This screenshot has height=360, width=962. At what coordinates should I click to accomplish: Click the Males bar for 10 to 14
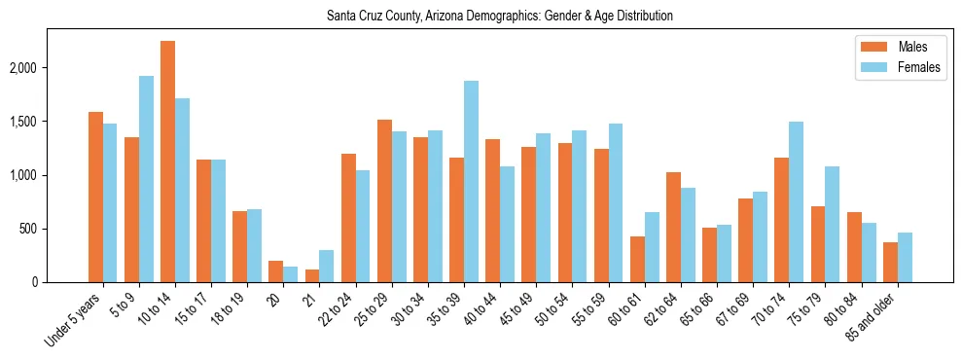point(167,162)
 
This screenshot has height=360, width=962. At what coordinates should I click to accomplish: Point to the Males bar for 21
point(312,276)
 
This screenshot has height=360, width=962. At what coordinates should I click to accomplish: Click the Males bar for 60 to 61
point(637,260)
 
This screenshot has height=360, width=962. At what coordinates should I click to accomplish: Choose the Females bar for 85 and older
point(904,258)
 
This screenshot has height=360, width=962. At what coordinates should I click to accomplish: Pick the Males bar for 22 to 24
point(348,218)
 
